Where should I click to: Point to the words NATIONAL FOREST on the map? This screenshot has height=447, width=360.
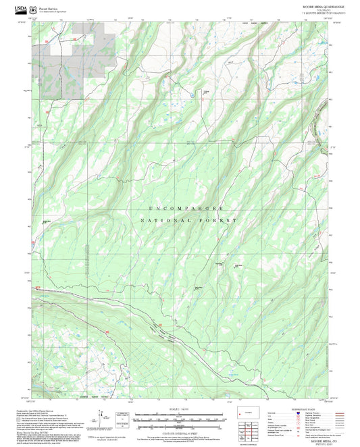click(188, 221)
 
